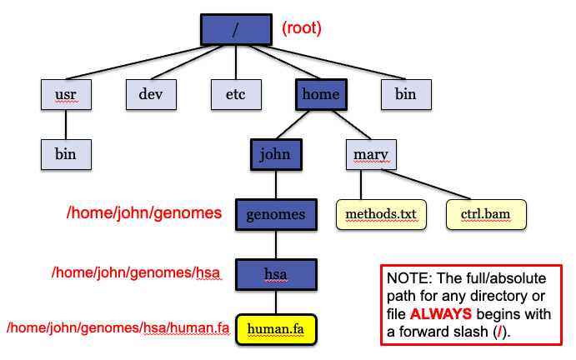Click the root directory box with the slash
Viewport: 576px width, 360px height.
pos(236,28)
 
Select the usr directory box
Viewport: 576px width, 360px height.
pos(66,94)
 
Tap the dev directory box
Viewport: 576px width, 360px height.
pos(151,94)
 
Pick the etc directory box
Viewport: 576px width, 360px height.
pos(236,94)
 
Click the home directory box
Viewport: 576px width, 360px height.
pos(321,94)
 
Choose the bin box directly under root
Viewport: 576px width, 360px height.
pos(406,94)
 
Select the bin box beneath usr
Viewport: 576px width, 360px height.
pos(66,154)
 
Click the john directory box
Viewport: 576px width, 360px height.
pos(275,154)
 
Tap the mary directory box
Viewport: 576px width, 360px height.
pos(371,154)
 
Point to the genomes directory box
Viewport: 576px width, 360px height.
pos(276,214)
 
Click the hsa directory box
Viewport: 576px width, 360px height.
pos(276,273)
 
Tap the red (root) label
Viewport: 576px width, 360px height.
pos(302,28)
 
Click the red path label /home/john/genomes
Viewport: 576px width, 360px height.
pos(144,213)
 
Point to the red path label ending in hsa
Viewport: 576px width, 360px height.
pos(138,272)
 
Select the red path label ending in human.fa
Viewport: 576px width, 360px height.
pos(118,328)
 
